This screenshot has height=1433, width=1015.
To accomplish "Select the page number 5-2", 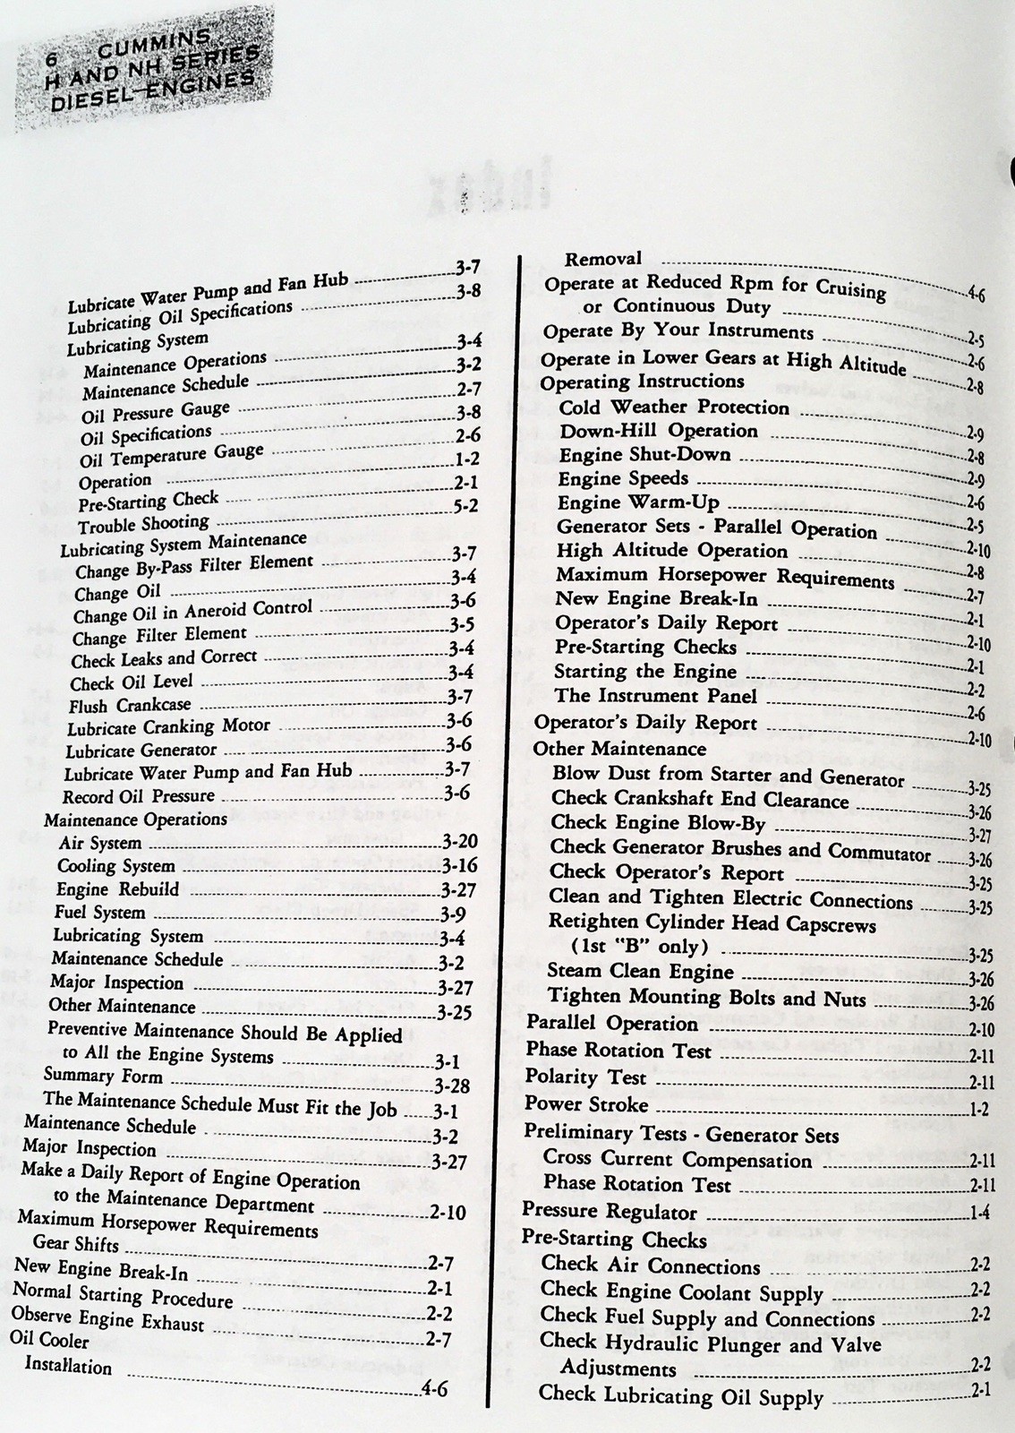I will coord(466,506).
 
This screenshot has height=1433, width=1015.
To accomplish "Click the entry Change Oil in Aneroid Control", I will coord(192,613).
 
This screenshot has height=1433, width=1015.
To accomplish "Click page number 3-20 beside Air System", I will coord(460,842).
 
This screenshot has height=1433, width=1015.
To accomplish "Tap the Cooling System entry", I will coord(116,866).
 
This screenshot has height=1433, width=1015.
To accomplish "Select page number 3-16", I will coord(460,865).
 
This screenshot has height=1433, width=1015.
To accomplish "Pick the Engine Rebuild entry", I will coord(117,889).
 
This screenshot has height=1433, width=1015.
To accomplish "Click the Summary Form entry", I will coord(103,1076).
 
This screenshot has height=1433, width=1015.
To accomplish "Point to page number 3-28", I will coord(452,1086).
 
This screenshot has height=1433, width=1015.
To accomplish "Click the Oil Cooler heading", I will coord(49,1341).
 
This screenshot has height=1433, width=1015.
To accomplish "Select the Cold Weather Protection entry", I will coord(674,408).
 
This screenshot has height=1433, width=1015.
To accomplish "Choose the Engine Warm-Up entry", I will coord(638,502).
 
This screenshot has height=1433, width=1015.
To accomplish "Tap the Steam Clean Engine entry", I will coord(640,971).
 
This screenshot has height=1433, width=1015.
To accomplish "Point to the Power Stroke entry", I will coord(586,1103).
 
